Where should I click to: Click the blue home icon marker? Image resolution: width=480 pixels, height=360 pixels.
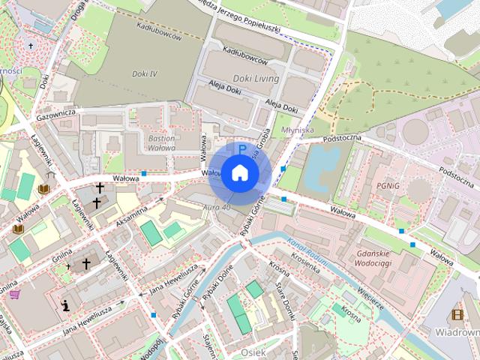[240, 173]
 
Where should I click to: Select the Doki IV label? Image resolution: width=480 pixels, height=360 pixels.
[143, 73]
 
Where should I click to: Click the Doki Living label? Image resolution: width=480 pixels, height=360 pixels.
[256, 79]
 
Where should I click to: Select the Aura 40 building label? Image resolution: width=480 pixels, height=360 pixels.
[216, 206]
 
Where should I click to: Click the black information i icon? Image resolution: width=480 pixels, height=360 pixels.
[67, 305]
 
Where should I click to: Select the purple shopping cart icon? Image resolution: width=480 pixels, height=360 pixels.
[14, 295]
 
